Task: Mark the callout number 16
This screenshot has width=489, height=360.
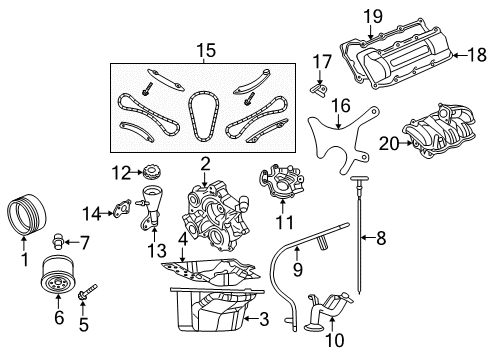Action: pyautogui.click(x=341, y=105)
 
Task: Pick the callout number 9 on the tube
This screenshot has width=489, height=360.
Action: pyautogui.click(x=295, y=267)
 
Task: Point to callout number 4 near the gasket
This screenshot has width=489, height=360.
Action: pyautogui.click(x=183, y=239)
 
